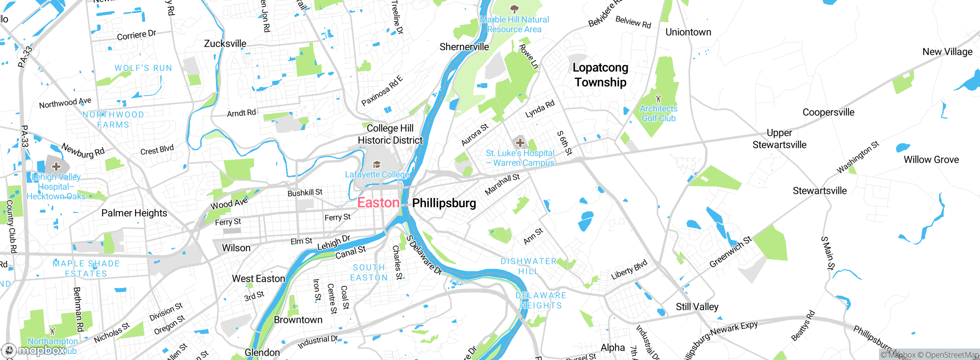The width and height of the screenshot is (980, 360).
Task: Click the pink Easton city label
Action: tap(378, 203)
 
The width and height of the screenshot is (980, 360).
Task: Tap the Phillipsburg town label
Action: tap(444, 203)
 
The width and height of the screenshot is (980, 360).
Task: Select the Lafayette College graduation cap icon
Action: tap(377, 165)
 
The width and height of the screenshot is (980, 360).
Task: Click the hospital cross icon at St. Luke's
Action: tap(520, 143)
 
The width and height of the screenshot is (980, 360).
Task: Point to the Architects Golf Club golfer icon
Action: tap(658, 98)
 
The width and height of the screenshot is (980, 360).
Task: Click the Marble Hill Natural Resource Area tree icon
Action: tap(514, 8)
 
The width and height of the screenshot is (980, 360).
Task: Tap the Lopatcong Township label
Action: tap(600, 75)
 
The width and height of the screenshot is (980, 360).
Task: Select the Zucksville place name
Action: tap(225, 44)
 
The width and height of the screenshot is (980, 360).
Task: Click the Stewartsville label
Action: tap(820, 191)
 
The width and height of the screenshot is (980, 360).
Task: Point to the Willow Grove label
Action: tap(931, 160)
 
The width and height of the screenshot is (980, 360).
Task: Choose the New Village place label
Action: tap(947, 52)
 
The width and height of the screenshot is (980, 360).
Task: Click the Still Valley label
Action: tap(697, 307)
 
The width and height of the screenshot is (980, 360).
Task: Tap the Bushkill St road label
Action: tap(305, 193)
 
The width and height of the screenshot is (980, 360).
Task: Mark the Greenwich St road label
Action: tap(730, 252)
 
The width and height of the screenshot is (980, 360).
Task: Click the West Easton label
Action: tap(258, 279)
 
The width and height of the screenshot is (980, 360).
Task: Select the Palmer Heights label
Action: tap(134, 213)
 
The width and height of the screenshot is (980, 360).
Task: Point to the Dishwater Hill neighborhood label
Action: tap(529, 266)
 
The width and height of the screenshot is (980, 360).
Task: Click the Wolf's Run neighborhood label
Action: tap(143, 68)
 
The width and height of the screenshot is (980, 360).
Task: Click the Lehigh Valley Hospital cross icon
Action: tap(56, 166)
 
